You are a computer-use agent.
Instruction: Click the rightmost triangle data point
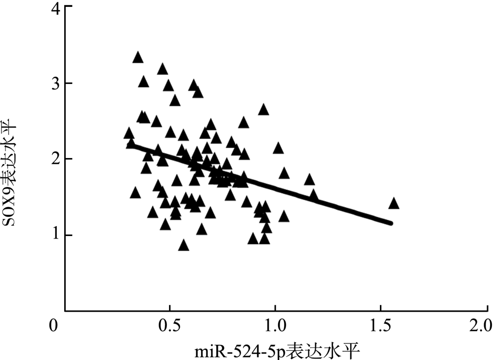pos(393,203)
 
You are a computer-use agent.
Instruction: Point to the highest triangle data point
pos(138,58)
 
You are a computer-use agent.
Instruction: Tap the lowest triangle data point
pos(184,245)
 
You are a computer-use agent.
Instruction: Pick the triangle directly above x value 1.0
pos(278,148)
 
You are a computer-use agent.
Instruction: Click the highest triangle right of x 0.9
pos(263,110)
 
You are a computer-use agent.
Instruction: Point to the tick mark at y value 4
pos(68,7)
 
